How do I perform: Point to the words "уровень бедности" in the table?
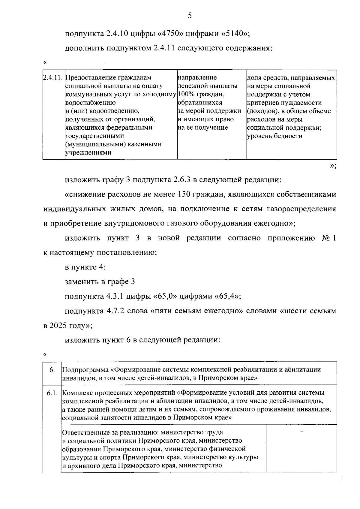point(274,136)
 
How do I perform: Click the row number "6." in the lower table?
point(52,370)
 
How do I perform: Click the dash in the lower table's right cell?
point(302,432)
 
